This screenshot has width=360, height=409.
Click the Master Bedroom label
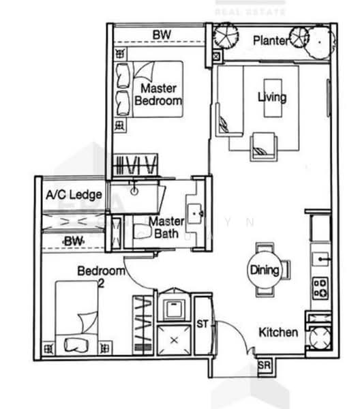point(158,95)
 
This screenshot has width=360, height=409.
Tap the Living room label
point(271,97)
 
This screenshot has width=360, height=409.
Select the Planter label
point(271,41)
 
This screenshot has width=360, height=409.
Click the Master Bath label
point(165,228)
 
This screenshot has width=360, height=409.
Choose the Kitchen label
point(278,333)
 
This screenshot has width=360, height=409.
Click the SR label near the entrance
point(265,366)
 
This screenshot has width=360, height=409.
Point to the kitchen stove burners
point(319,288)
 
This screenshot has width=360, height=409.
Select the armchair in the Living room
point(262,145)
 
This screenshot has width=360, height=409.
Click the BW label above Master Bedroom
point(162,35)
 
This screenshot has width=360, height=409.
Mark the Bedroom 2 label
point(100,272)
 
